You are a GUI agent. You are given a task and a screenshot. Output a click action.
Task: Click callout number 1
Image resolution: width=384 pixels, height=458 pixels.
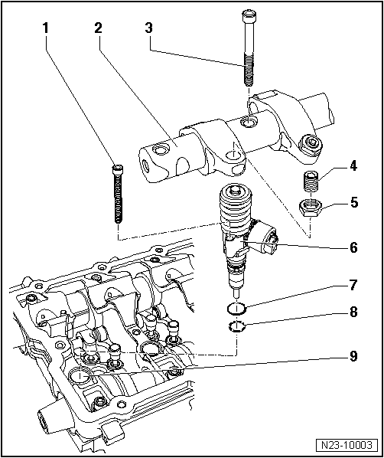(46, 28)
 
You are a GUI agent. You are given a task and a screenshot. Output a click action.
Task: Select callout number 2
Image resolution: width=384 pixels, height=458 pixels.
(98, 28)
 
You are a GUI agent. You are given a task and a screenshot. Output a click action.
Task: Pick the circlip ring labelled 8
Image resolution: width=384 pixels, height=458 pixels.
(238, 329)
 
